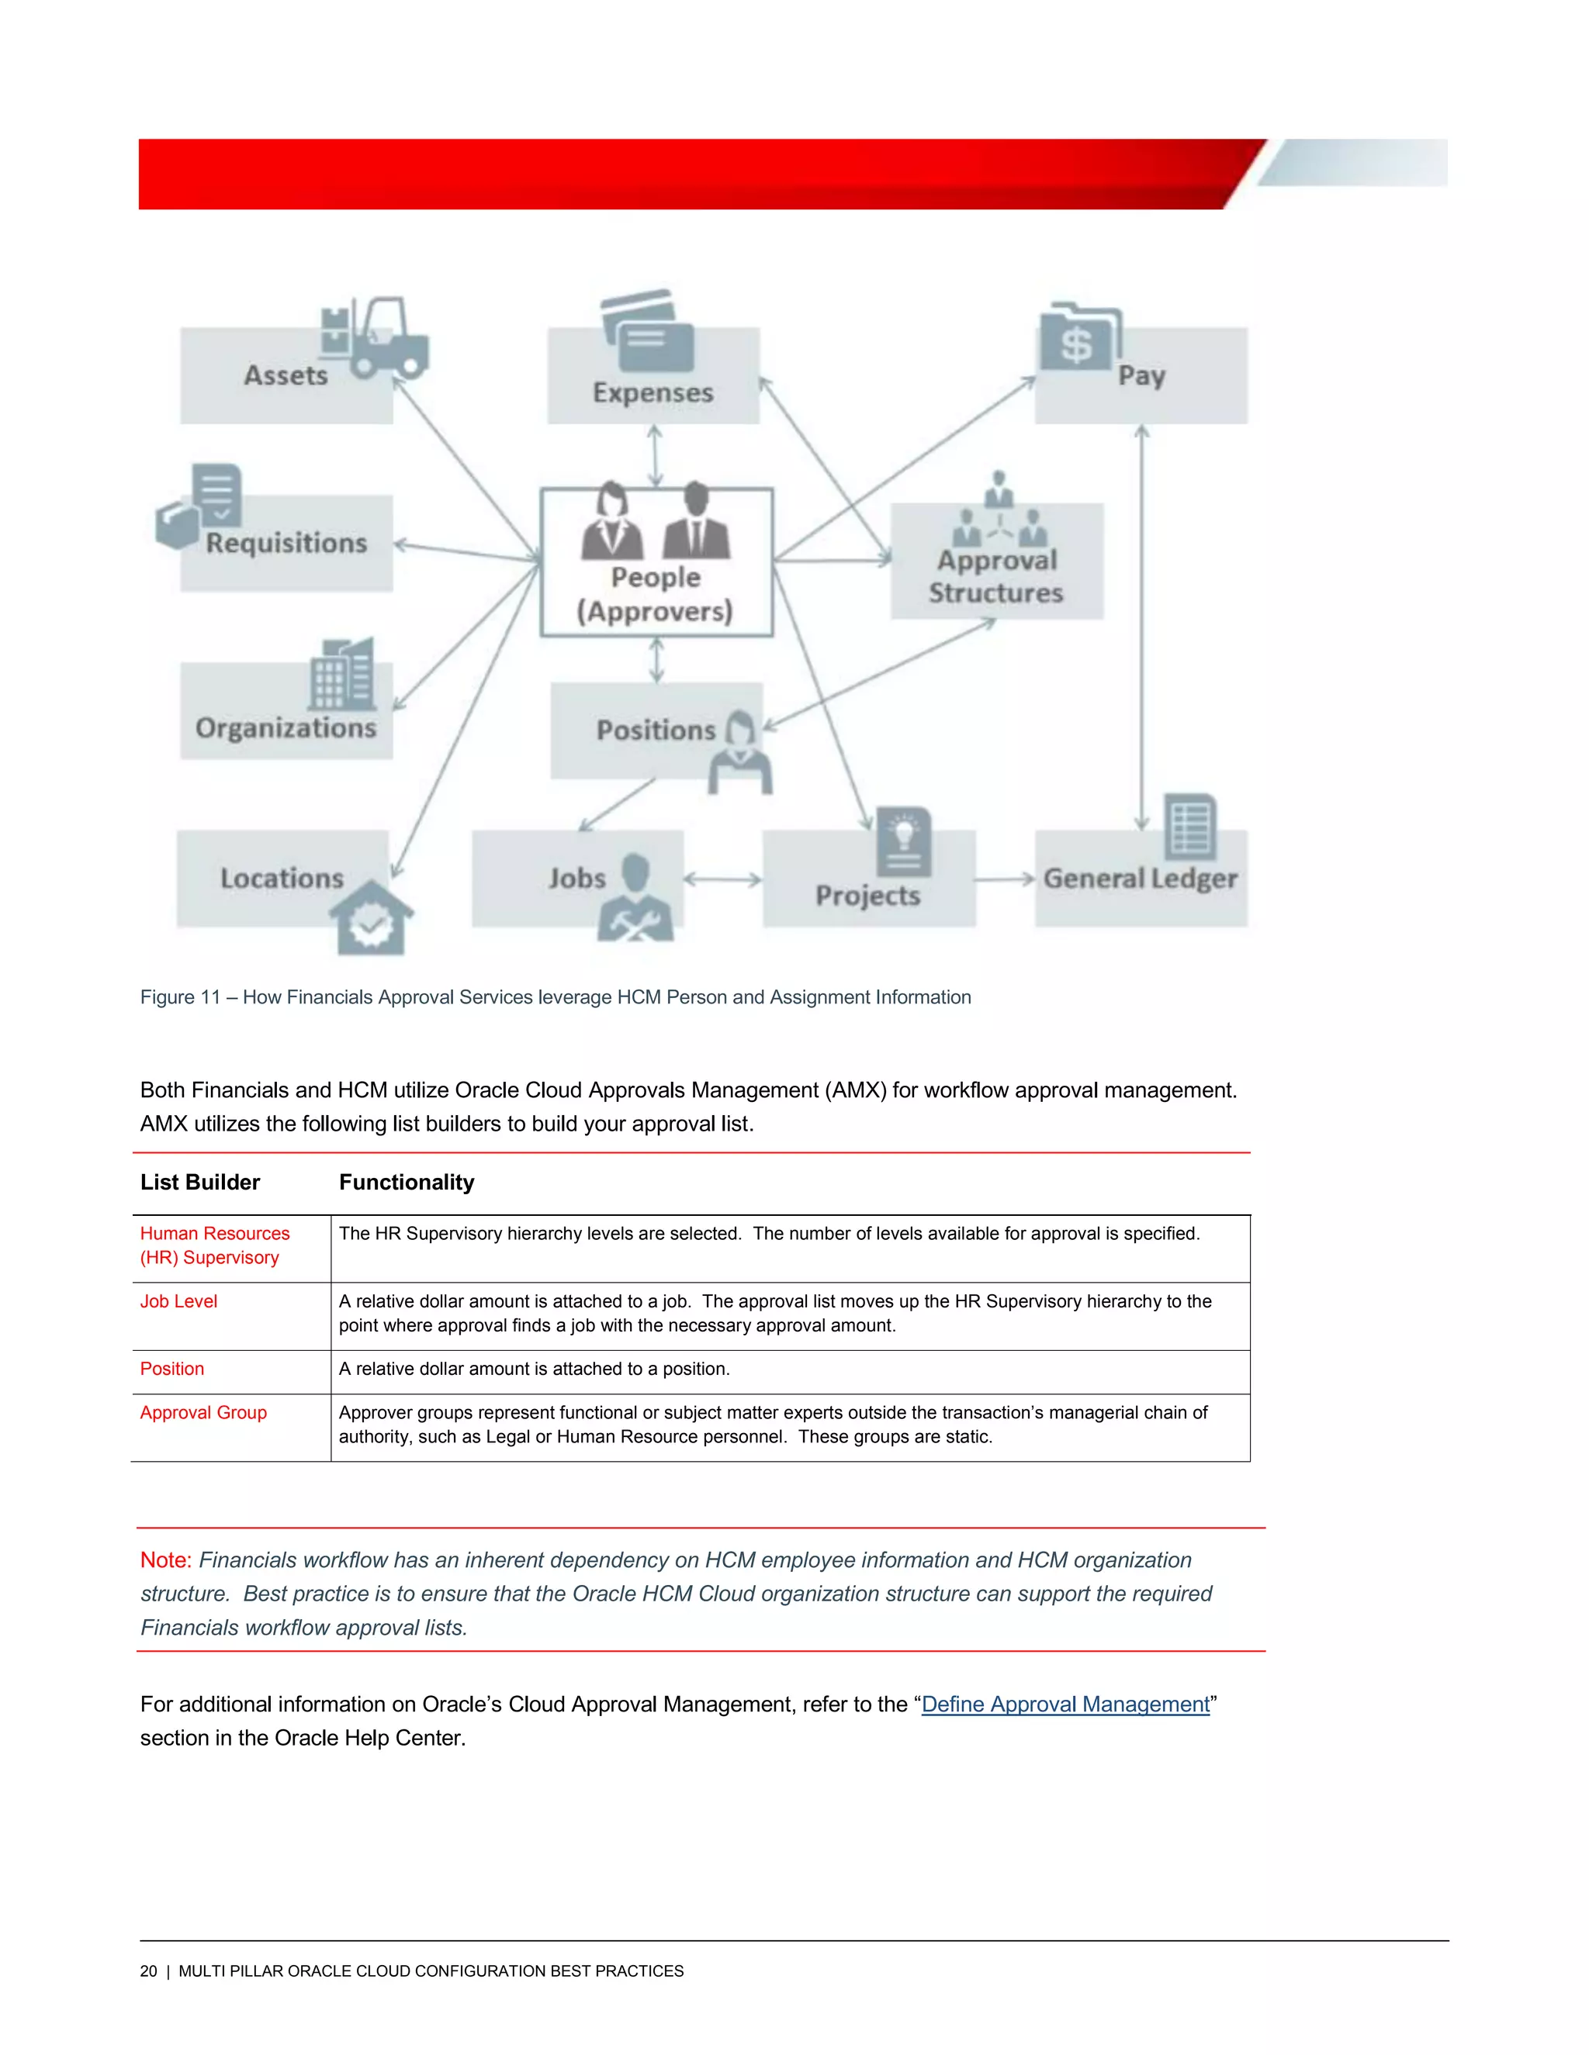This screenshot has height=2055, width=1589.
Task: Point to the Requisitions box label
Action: (x=286, y=543)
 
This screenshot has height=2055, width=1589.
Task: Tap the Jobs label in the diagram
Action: (x=577, y=878)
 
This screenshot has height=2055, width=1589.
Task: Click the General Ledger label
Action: (x=1140, y=879)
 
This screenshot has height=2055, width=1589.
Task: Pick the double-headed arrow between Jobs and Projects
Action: (x=722, y=880)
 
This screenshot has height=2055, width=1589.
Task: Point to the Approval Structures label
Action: (x=996, y=576)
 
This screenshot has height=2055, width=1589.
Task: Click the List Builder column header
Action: (x=199, y=1183)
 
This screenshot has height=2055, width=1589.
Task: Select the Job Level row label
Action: (x=179, y=1301)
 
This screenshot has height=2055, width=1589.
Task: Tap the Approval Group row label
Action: (x=203, y=1412)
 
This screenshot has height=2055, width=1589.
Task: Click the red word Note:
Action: (x=166, y=1560)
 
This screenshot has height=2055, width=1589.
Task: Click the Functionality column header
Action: (x=407, y=1183)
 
